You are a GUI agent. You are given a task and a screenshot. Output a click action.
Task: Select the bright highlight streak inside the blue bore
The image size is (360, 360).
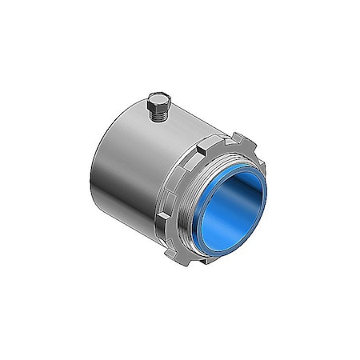coord(210,216)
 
